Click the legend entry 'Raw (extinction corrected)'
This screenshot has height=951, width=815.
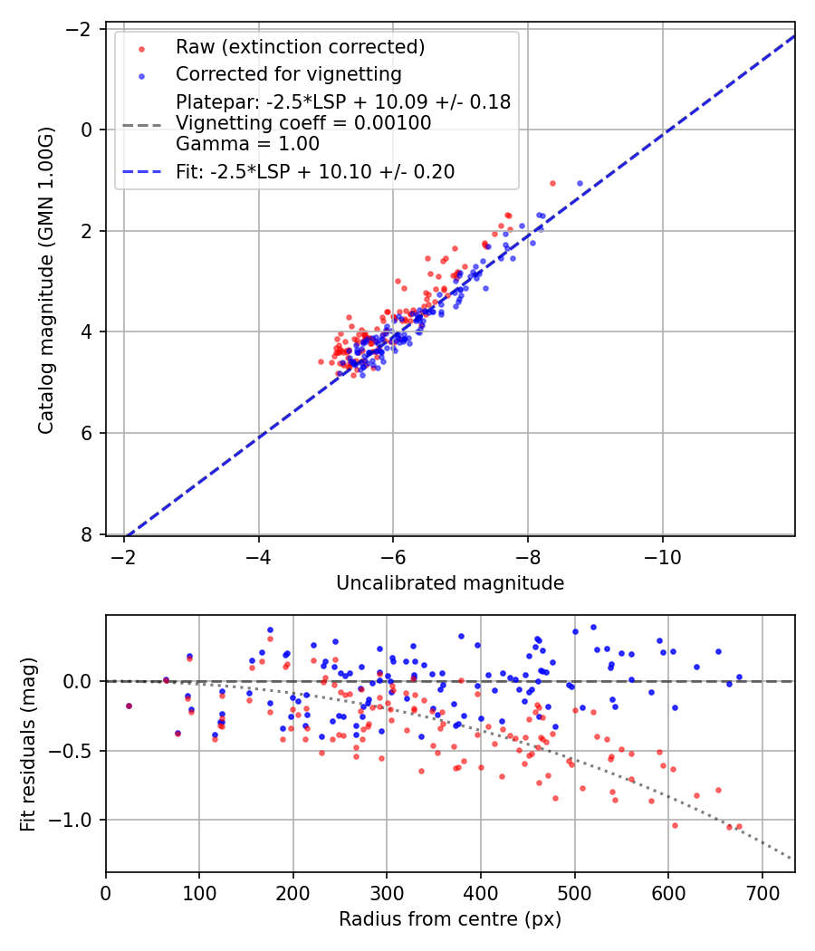300,46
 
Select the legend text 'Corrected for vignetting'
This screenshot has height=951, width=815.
288,73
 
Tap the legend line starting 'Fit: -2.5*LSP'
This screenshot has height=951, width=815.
315,171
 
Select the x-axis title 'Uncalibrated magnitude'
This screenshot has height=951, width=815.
450,583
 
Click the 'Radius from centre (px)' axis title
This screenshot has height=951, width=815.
450,919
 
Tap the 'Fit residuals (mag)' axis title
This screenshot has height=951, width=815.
28,744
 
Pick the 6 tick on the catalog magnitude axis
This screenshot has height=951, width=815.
88,433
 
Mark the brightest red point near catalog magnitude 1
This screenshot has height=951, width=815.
552,183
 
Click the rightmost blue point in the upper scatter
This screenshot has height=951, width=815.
580,183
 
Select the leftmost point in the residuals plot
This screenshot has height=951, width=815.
129,706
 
